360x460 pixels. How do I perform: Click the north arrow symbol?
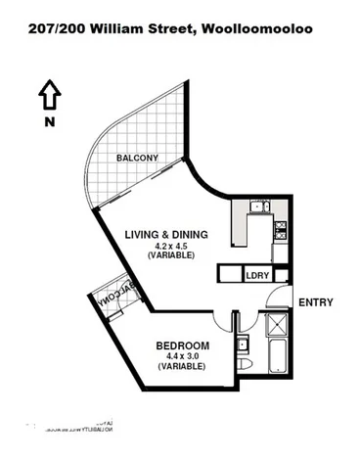click(x=48, y=96)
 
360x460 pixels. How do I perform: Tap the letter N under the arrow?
click(x=48, y=121)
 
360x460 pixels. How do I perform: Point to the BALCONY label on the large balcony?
click(x=138, y=158)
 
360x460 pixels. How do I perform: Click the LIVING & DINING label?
click(x=169, y=234)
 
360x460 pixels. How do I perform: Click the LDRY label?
click(x=257, y=276)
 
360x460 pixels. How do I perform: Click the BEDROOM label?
click(x=182, y=345)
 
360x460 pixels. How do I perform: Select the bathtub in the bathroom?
click(x=274, y=358)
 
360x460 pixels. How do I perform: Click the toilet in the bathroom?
click(x=250, y=365)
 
